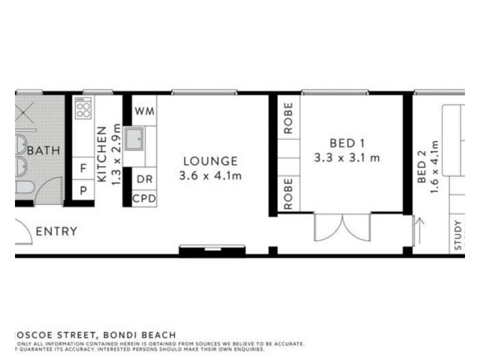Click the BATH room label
coord(44,150)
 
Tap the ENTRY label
coord(56,232)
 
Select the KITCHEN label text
coord(102,154)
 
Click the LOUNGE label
coord(210,161)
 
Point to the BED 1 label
coord(347,143)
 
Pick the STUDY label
coord(458,235)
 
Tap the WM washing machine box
coord(144,111)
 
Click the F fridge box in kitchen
coord(83,168)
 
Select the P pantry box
coord(83,190)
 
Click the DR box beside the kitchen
coord(144,179)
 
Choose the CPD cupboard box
coord(144,198)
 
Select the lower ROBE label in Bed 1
coord(289,193)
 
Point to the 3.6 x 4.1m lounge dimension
coord(210,176)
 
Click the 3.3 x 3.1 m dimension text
coord(347,158)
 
